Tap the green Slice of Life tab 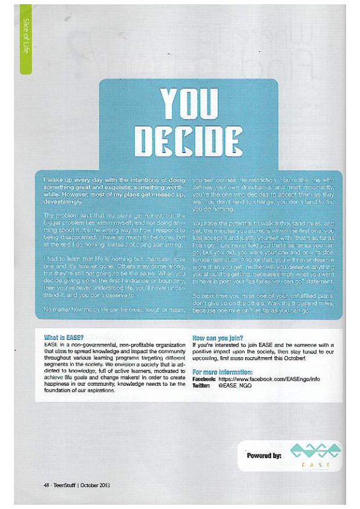pos(25,39)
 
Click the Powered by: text pos(264,455)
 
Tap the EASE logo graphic pos(310,453)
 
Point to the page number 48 pos(45,485)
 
